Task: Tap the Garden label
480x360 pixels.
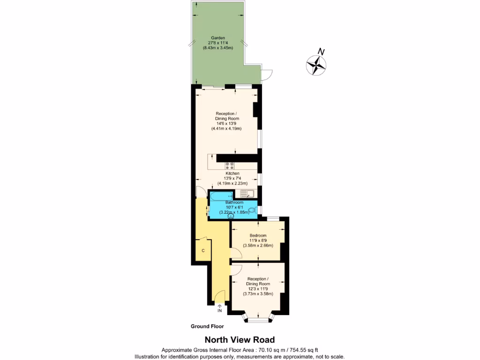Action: tap(218, 37)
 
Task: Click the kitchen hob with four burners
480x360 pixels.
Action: tap(230, 165)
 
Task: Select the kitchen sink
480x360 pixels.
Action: tap(246, 194)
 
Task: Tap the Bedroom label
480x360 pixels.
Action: tap(258, 235)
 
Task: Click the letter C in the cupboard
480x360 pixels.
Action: tap(203, 251)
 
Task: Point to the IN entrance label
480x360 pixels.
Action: tap(219, 311)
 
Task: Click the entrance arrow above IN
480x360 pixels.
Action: tap(219, 305)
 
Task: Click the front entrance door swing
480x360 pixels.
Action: tap(220, 296)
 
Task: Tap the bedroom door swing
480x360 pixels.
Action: tap(236, 254)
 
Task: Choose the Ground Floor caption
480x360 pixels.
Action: tap(207, 326)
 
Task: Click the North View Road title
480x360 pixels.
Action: tap(240, 340)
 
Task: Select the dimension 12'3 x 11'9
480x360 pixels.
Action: tap(258, 289)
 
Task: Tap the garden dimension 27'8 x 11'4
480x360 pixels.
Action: tap(218, 43)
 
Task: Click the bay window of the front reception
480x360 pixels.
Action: tap(257, 320)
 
